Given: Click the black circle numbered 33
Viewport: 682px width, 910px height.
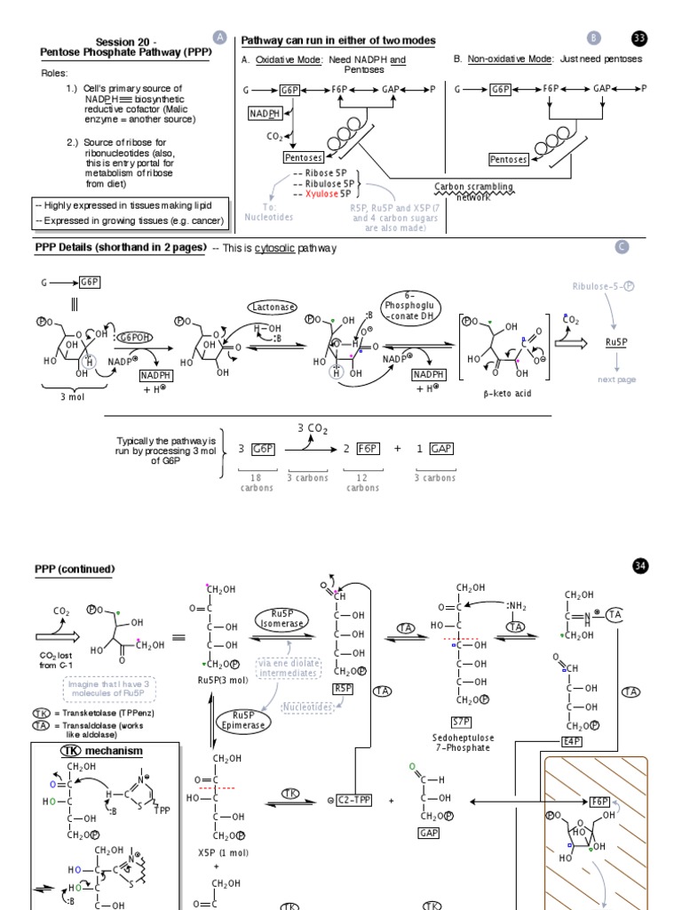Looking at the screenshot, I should click(x=639, y=37).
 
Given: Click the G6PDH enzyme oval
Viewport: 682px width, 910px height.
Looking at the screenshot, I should click(x=134, y=337).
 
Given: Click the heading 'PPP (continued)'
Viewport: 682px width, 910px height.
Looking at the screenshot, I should click(x=75, y=569).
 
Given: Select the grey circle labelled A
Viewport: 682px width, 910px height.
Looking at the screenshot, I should click(x=220, y=36).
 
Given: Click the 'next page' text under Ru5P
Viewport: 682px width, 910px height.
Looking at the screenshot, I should click(x=617, y=379).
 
